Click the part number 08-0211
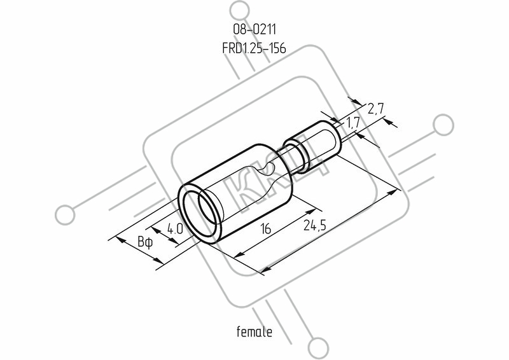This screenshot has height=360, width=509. [x=254, y=29]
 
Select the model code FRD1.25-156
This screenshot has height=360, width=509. [x=254, y=48]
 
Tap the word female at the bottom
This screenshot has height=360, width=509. [x=254, y=331]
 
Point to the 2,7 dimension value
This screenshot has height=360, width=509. [x=375, y=109]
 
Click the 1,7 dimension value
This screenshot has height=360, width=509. [x=352, y=123]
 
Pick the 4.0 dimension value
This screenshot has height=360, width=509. [x=175, y=230]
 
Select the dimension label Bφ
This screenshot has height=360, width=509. [x=144, y=242]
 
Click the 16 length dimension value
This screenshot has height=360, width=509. [x=265, y=229]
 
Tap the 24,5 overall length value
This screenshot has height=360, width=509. [x=314, y=225]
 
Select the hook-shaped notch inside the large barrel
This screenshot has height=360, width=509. [x=268, y=168]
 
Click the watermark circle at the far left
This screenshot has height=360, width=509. [x=65, y=215]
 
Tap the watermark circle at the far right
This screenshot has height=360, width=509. [x=443, y=125]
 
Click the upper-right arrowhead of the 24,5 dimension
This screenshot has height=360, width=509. [x=393, y=192]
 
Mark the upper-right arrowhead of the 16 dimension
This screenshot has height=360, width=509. [x=311, y=212]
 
